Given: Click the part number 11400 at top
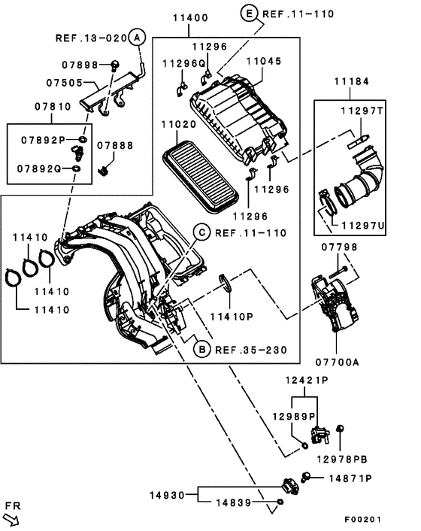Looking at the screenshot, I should [x=192, y=17].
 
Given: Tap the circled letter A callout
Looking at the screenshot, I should [x=135, y=37].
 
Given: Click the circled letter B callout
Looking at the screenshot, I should [x=201, y=349].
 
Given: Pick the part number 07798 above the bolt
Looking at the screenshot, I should [x=340, y=247].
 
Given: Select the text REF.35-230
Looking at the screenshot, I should [x=250, y=349].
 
